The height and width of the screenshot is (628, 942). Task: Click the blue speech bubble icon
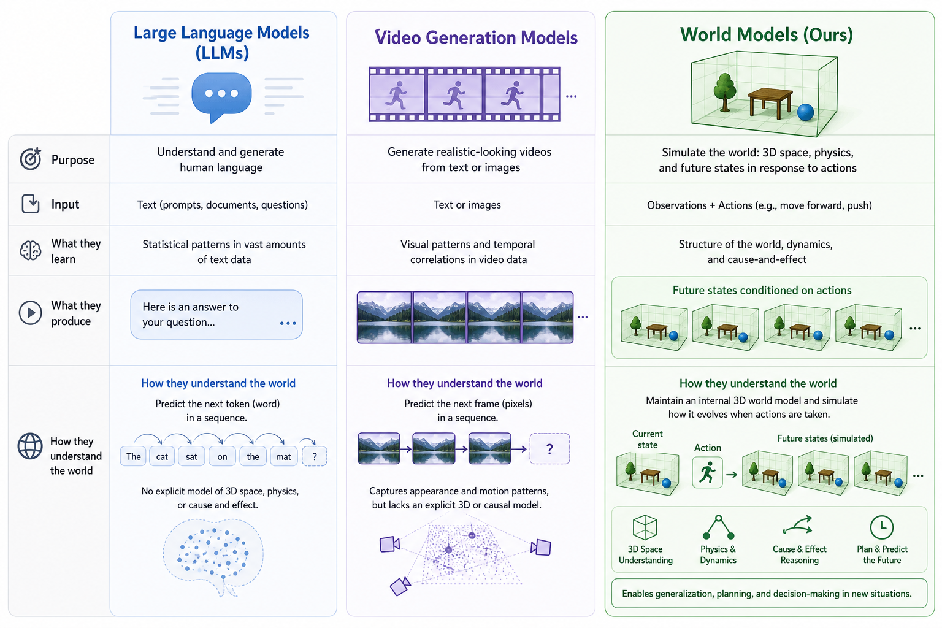point(221,96)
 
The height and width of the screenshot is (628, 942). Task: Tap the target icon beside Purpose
point(31,159)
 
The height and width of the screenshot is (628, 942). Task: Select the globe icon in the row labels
point(30,446)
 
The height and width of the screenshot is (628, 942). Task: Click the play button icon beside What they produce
point(30,313)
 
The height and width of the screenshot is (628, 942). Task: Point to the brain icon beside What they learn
point(30,251)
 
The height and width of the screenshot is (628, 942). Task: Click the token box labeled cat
point(162,456)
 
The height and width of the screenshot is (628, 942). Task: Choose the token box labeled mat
point(283,456)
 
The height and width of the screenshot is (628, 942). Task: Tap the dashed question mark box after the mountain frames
point(549,449)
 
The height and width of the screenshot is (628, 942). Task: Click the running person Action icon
point(707,472)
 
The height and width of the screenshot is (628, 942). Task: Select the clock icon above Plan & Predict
point(881,527)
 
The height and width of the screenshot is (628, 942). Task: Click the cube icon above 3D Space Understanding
point(645,527)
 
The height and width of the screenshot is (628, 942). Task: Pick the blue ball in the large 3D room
point(805,112)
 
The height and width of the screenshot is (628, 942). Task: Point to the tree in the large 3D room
point(725,92)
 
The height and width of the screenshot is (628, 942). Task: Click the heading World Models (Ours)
point(767,34)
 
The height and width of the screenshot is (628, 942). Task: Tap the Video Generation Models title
point(476,37)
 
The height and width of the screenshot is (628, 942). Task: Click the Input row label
point(65,204)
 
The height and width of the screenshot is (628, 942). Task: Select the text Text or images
point(467,205)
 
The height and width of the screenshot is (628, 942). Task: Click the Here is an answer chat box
point(216,314)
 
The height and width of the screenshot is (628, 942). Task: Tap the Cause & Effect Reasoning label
point(800,554)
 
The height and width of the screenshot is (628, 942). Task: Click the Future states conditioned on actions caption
point(762,290)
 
